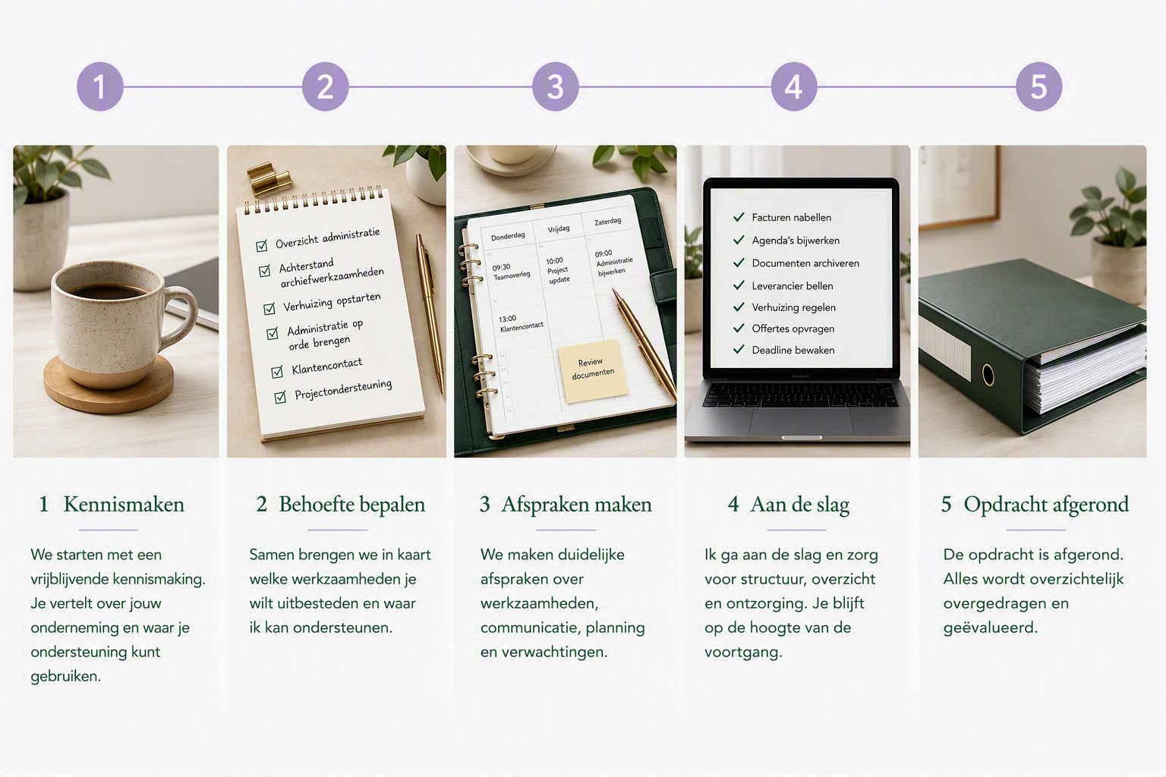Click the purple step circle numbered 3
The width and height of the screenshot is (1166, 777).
[556, 87]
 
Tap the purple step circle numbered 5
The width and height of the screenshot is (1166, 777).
[1039, 87]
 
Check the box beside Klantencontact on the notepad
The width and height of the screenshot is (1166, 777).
[277, 372]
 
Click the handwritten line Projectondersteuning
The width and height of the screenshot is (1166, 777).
[343, 390]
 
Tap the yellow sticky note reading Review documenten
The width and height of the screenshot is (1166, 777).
[593, 370]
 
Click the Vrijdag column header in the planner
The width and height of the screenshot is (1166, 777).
[559, 229]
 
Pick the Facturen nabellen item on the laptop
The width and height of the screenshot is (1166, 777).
[791, 218]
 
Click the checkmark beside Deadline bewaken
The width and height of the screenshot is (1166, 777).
[739, 349]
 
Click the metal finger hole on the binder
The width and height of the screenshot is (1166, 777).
[988, 375]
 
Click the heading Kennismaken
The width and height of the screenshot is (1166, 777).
[124, 505]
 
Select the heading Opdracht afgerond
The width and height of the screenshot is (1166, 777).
[1046, 505]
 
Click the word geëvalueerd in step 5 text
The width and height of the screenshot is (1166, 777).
[990, 628]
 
